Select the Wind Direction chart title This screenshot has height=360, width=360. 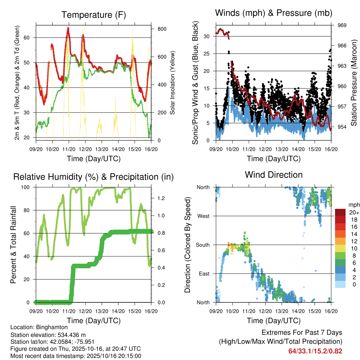coord(274,175)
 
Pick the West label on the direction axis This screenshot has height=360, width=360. coord(203,216)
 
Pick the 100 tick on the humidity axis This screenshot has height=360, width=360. coord(28,187)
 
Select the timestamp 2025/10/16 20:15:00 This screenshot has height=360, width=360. coord(116,356)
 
